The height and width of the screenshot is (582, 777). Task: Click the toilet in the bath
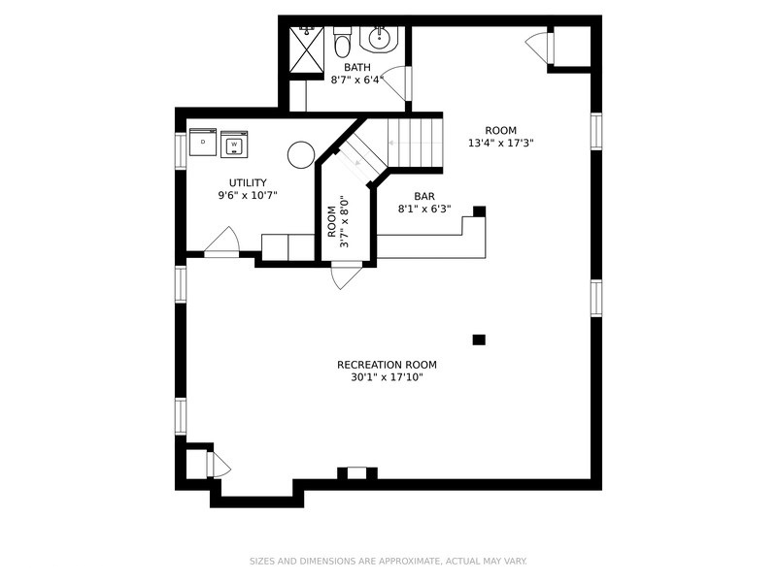click(x=342, y=42)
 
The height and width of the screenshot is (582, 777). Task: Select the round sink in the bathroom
click(x=380, y=37)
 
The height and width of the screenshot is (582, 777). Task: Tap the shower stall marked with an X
click(x=306, y=49)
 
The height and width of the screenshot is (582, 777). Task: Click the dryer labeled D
click(x=203, y=142)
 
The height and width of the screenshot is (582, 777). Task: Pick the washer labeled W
click(x=234, y=145)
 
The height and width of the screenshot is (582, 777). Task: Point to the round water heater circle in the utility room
click(x=301, y=155)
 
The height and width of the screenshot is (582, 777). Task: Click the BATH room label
click(x=357, y=67)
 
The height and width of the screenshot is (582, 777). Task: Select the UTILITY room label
click(x=248, y=182)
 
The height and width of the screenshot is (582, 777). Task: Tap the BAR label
click(x=424, y=197)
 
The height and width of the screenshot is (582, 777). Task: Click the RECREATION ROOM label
click(x=387, y=365)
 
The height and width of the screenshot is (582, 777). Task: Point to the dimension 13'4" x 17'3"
click(x=500, y=143)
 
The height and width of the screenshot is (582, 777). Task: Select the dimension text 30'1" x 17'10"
click(x=387, y=377)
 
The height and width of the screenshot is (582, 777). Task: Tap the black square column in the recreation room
click(x=479, y=339)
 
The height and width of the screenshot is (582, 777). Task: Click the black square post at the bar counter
click(x=479, y=211)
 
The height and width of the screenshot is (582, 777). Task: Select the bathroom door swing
click(x=394, y=83)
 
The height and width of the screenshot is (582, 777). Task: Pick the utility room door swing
click(x=222, y=241)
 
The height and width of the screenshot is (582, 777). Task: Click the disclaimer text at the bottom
click(x=388, y=562)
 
